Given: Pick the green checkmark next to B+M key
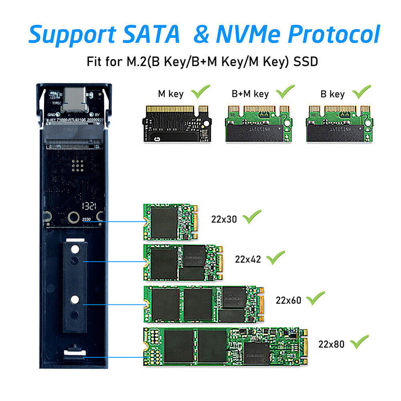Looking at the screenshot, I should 285,92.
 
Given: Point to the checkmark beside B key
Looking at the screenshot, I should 361,92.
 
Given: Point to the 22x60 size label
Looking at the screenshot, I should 288,300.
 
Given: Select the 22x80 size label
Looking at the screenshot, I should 330,344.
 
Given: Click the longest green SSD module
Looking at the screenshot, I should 225,346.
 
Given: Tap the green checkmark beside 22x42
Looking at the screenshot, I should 275,259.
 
